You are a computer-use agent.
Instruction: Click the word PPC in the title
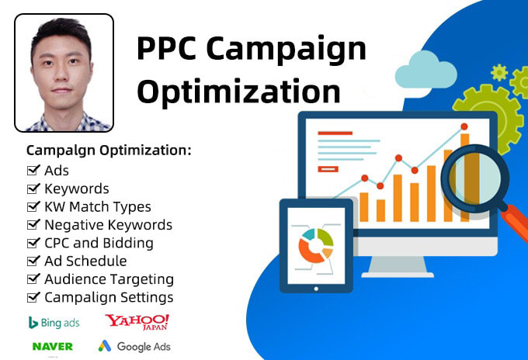point(166,48)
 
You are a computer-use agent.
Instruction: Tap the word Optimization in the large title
point(238,92)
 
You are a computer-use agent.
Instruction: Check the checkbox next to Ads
point(33,170)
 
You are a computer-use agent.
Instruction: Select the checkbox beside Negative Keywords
point(33,224)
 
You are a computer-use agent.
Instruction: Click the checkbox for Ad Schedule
point(33,261)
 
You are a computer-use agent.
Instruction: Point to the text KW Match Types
point(98,207)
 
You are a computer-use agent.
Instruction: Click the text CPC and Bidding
point(99,243)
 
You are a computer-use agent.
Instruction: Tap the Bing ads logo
point(54,323)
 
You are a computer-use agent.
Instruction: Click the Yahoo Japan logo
point(137,322)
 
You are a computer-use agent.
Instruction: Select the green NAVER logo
point(53,346)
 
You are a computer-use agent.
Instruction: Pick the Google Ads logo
point(134,346)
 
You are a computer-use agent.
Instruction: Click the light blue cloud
point(426,70)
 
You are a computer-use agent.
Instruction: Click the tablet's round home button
point(316,289)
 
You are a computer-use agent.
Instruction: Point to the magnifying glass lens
point(475,178)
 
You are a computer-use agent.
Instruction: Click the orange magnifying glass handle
point(516,223)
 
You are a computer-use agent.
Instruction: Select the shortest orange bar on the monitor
point(380,210)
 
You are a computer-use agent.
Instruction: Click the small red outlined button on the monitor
point(328,169)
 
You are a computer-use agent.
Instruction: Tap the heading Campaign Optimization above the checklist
point(109,151)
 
